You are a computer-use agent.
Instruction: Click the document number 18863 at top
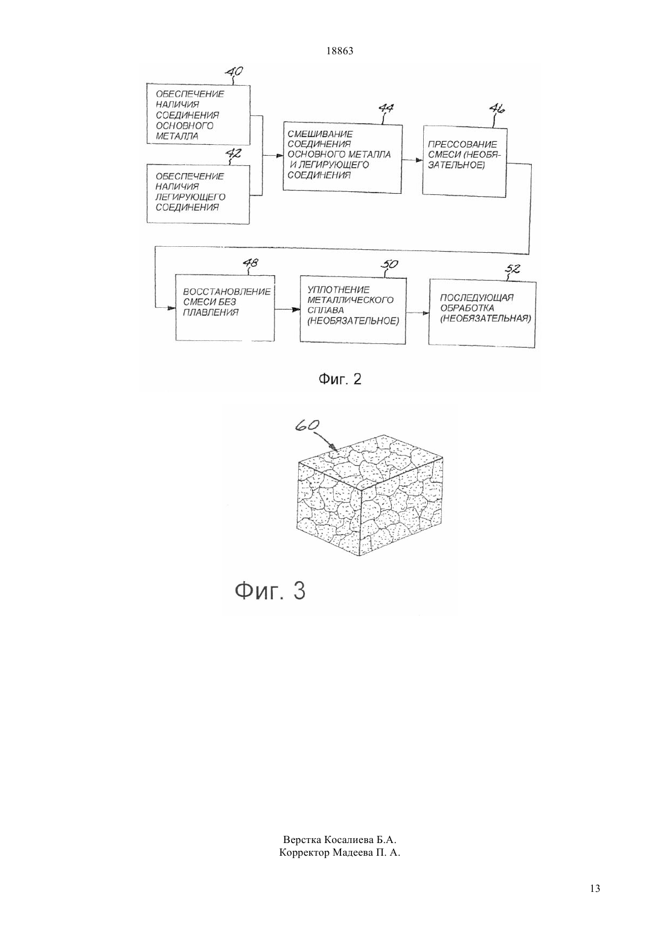(x=339, y=51)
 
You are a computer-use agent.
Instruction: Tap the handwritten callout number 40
(x=234, y=72)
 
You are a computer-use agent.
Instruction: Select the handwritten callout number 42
(x=234, y=153)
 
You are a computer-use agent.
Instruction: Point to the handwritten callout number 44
(x=386, y=109)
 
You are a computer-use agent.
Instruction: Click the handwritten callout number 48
(x=251, y=263)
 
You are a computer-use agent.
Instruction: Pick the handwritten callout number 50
(x=389, y=264)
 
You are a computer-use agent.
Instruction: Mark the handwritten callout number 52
(x=514, y=269)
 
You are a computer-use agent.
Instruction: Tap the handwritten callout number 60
(x=307, y=425)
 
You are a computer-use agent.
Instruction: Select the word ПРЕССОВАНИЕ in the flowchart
(x=462, y=145)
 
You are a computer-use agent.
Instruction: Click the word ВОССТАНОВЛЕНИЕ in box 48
(x=227, y=291)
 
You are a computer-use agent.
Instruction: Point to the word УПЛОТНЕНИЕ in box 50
(x=339, y=290)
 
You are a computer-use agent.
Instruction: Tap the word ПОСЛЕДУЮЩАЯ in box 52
(x=477, y=298)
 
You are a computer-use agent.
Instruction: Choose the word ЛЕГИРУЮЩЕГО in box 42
(x=190, y=197)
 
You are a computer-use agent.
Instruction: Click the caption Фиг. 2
(x=340, y=380)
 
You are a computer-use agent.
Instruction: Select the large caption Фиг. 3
(x=270, y=591)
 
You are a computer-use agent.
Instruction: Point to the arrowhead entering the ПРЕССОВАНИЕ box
(x=419, y=160)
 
